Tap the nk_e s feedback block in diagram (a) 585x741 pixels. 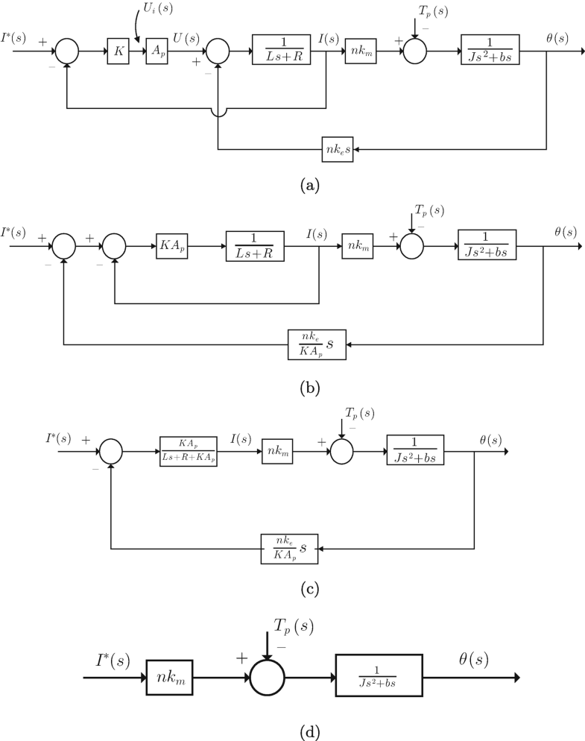tap(339, 150)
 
